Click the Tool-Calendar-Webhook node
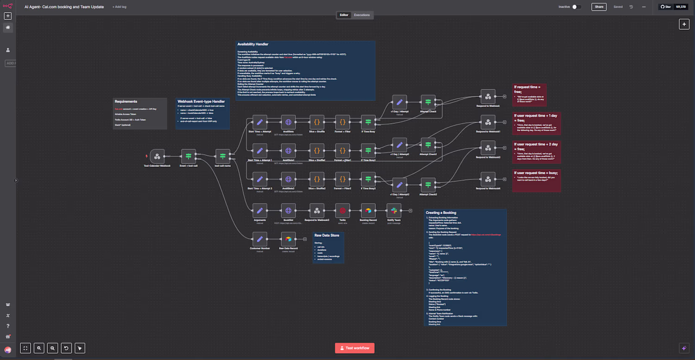[x=157, y=156]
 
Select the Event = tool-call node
[x=189, y=156]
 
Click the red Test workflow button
[x=354, y=348]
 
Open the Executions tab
[x=362, y=15]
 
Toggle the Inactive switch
[x=576, y=7]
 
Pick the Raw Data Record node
[x=288, y=239]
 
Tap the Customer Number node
[x=260, y=239]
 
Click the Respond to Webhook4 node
[x=487, y=179]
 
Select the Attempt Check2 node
[x=428, y=185]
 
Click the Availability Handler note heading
[x=253, y=44]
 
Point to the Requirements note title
[x=126, y=101]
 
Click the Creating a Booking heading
[x=441, y=213]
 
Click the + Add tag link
[x=119, y=7]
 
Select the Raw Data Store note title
[x=327, y=235]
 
